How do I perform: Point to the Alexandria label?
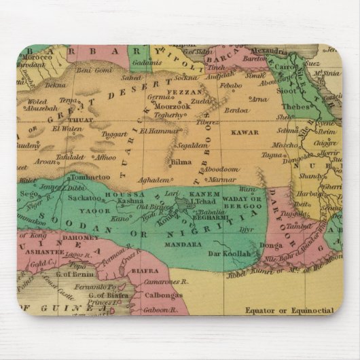pyautogui.click(x=268, y=51)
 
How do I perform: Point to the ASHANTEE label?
pyautogui.click(x=44, y=249)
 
